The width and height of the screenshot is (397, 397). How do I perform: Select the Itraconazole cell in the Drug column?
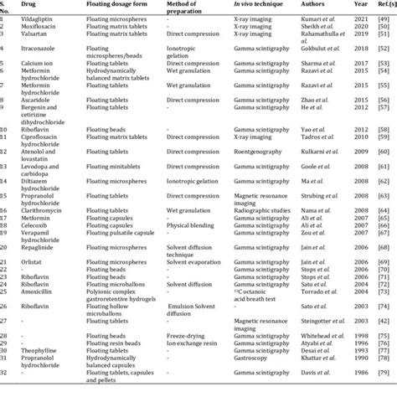pos(45,51)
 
